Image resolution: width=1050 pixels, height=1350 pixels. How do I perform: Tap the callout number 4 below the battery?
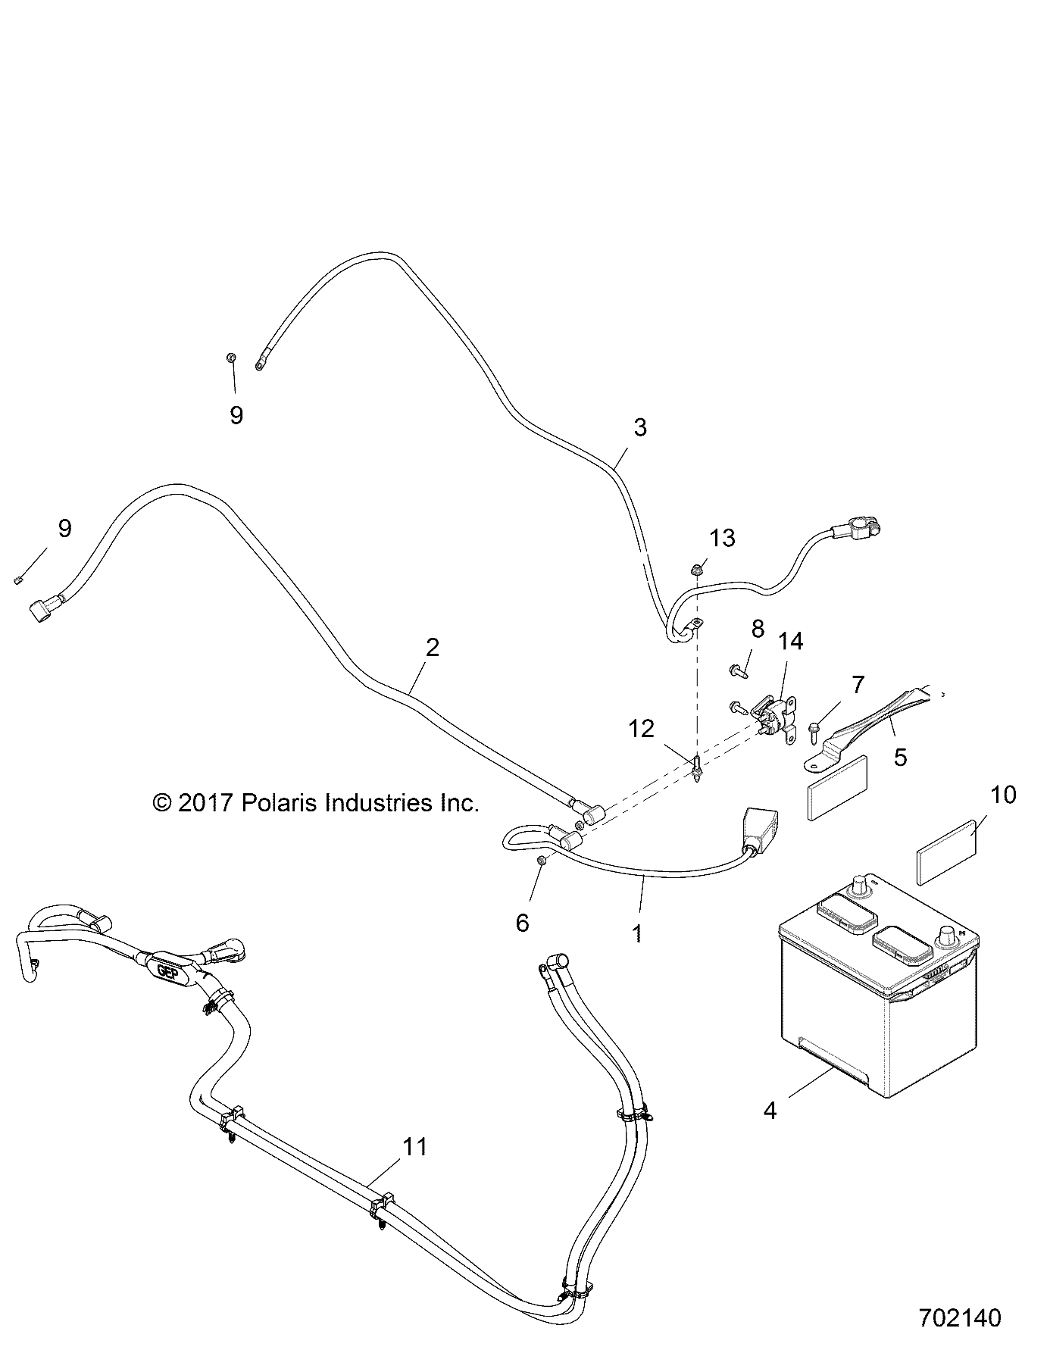click(770, 1111)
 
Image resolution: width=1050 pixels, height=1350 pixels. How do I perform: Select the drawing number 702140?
click(960, 1317)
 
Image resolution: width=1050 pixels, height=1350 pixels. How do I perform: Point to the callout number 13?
click(722, 539)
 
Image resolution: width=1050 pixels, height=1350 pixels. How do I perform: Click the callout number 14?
click(790, 641)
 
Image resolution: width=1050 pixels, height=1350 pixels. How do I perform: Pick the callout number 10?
click(1002, 795)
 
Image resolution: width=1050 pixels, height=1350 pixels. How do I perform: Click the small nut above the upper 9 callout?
click(232, 358)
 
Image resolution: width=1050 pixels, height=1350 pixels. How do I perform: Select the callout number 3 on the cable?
click(640, 427)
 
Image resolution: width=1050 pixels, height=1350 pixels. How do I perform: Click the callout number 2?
click(433, 648)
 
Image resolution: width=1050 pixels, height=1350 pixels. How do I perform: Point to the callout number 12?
click(641, 729)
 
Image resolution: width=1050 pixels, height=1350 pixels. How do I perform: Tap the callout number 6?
click(523, 923)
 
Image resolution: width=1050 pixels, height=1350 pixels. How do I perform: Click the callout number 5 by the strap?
click(900, 757)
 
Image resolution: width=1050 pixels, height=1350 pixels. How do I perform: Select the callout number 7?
click(857, 685)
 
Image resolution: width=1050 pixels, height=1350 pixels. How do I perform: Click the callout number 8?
click(757, 628)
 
